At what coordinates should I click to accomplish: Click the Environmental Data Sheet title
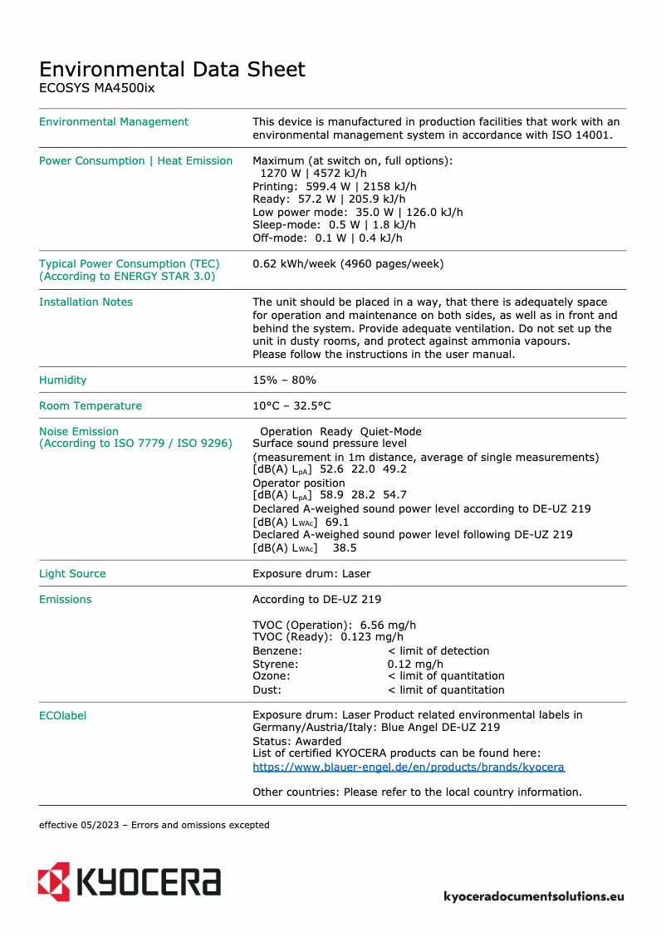(x=172, y=69)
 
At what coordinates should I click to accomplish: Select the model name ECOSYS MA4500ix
(x=96, y=88)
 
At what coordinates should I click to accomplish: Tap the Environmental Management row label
(x=114, y=122)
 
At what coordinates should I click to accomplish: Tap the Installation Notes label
(x=86, y=302)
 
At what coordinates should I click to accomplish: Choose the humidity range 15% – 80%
(x=284, y=380)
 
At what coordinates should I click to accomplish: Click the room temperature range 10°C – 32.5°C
(x=291, y=406)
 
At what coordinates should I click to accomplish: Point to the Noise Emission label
(x=79, y=432)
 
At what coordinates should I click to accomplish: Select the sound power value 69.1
(x=337, y=523)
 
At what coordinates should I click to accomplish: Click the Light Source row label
(x=72, y=574)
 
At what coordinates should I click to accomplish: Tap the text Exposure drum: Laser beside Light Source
(x=311, y=574)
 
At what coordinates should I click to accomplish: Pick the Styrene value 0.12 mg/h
(x=415, y=664)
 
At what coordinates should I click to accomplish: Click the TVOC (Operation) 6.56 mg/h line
(x=334, y=626)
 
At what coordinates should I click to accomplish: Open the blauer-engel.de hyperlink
(x=408, y=768)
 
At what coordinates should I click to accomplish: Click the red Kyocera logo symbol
(x=54, y=881)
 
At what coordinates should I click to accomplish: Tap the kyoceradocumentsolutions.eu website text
(x=534, y=896)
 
